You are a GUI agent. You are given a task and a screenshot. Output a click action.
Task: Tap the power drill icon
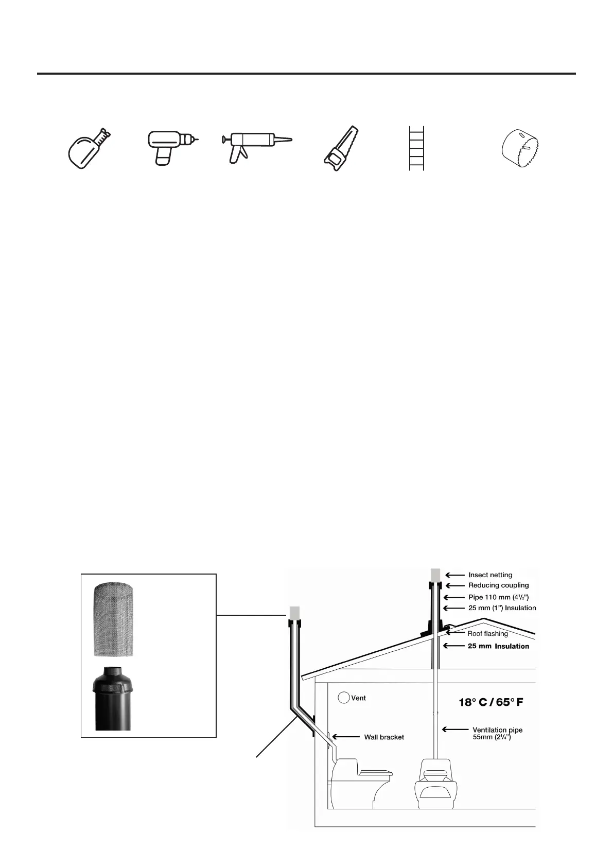[x=170, y=147]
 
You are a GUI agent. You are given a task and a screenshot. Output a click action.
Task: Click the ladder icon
[x=416, y=148]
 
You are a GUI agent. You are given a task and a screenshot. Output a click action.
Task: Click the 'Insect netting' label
[x=490, y=575]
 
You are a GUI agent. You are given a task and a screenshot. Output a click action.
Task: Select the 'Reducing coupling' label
[x=498, y=585]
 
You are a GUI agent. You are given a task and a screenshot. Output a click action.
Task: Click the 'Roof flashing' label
[x=487, y=634]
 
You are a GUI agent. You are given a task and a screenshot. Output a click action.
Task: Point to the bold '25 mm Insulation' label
[x=498, y=646]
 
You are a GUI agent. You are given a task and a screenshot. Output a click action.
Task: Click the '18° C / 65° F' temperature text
[x=491, y=702]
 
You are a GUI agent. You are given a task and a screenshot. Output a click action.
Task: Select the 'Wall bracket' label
[x=384, y=737]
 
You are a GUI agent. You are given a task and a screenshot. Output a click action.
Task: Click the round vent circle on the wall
[x=343, y=698]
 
